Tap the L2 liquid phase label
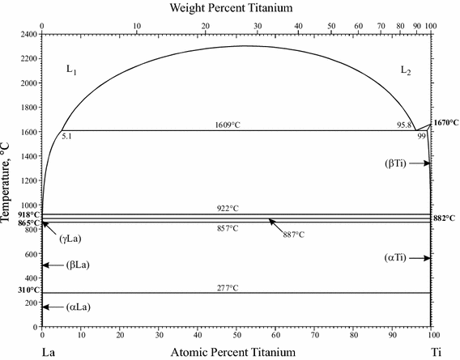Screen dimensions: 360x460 [x=407, y=70]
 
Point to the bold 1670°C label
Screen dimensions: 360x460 [x=446, y=123]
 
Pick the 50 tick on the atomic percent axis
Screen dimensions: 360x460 [x=236, y=335]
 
